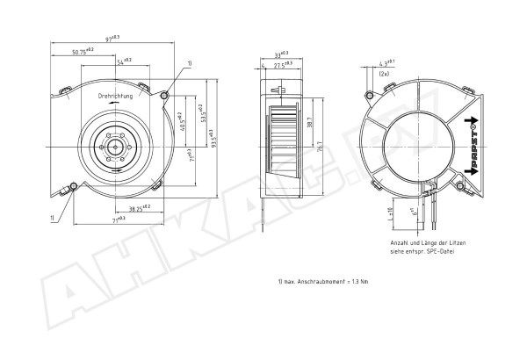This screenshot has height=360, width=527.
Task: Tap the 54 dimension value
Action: click(x=124, y=61)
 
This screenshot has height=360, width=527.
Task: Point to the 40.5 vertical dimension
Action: click(x=181, y=120)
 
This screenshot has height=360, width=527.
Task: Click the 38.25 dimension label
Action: click(x=137, y=207)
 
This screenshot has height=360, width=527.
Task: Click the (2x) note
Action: click(x=385, y=74)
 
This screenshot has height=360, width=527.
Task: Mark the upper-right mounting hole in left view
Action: click(x=164, y=93)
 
